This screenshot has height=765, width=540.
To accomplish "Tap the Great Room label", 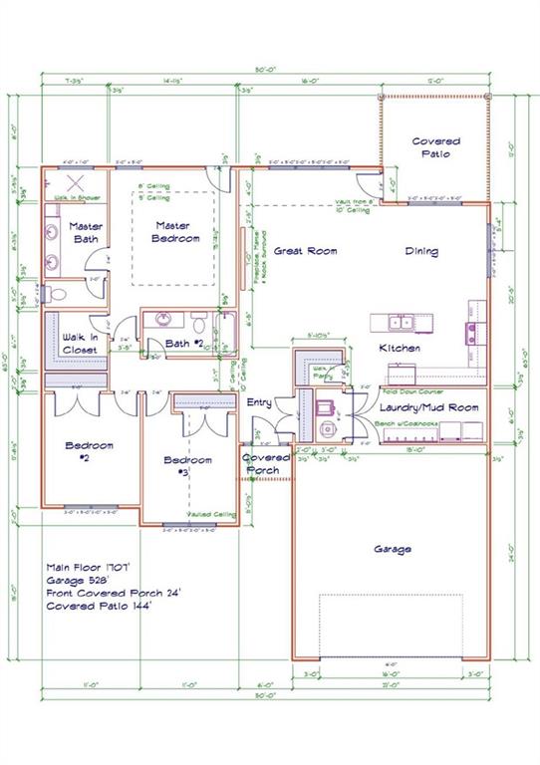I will pos(302,251).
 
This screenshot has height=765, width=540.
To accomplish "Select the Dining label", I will pos(421,251).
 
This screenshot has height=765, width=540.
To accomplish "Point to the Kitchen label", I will pos(399,348).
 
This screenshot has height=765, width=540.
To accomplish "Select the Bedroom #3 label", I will pos(188,465).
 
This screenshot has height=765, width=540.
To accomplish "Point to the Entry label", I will pos(259,403).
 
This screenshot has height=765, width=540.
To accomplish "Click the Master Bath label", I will pos(87,232).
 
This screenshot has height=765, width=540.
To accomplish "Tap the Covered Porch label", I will pos(267,463).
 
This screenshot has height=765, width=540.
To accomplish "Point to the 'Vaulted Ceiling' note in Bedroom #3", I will pos(216,514).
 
